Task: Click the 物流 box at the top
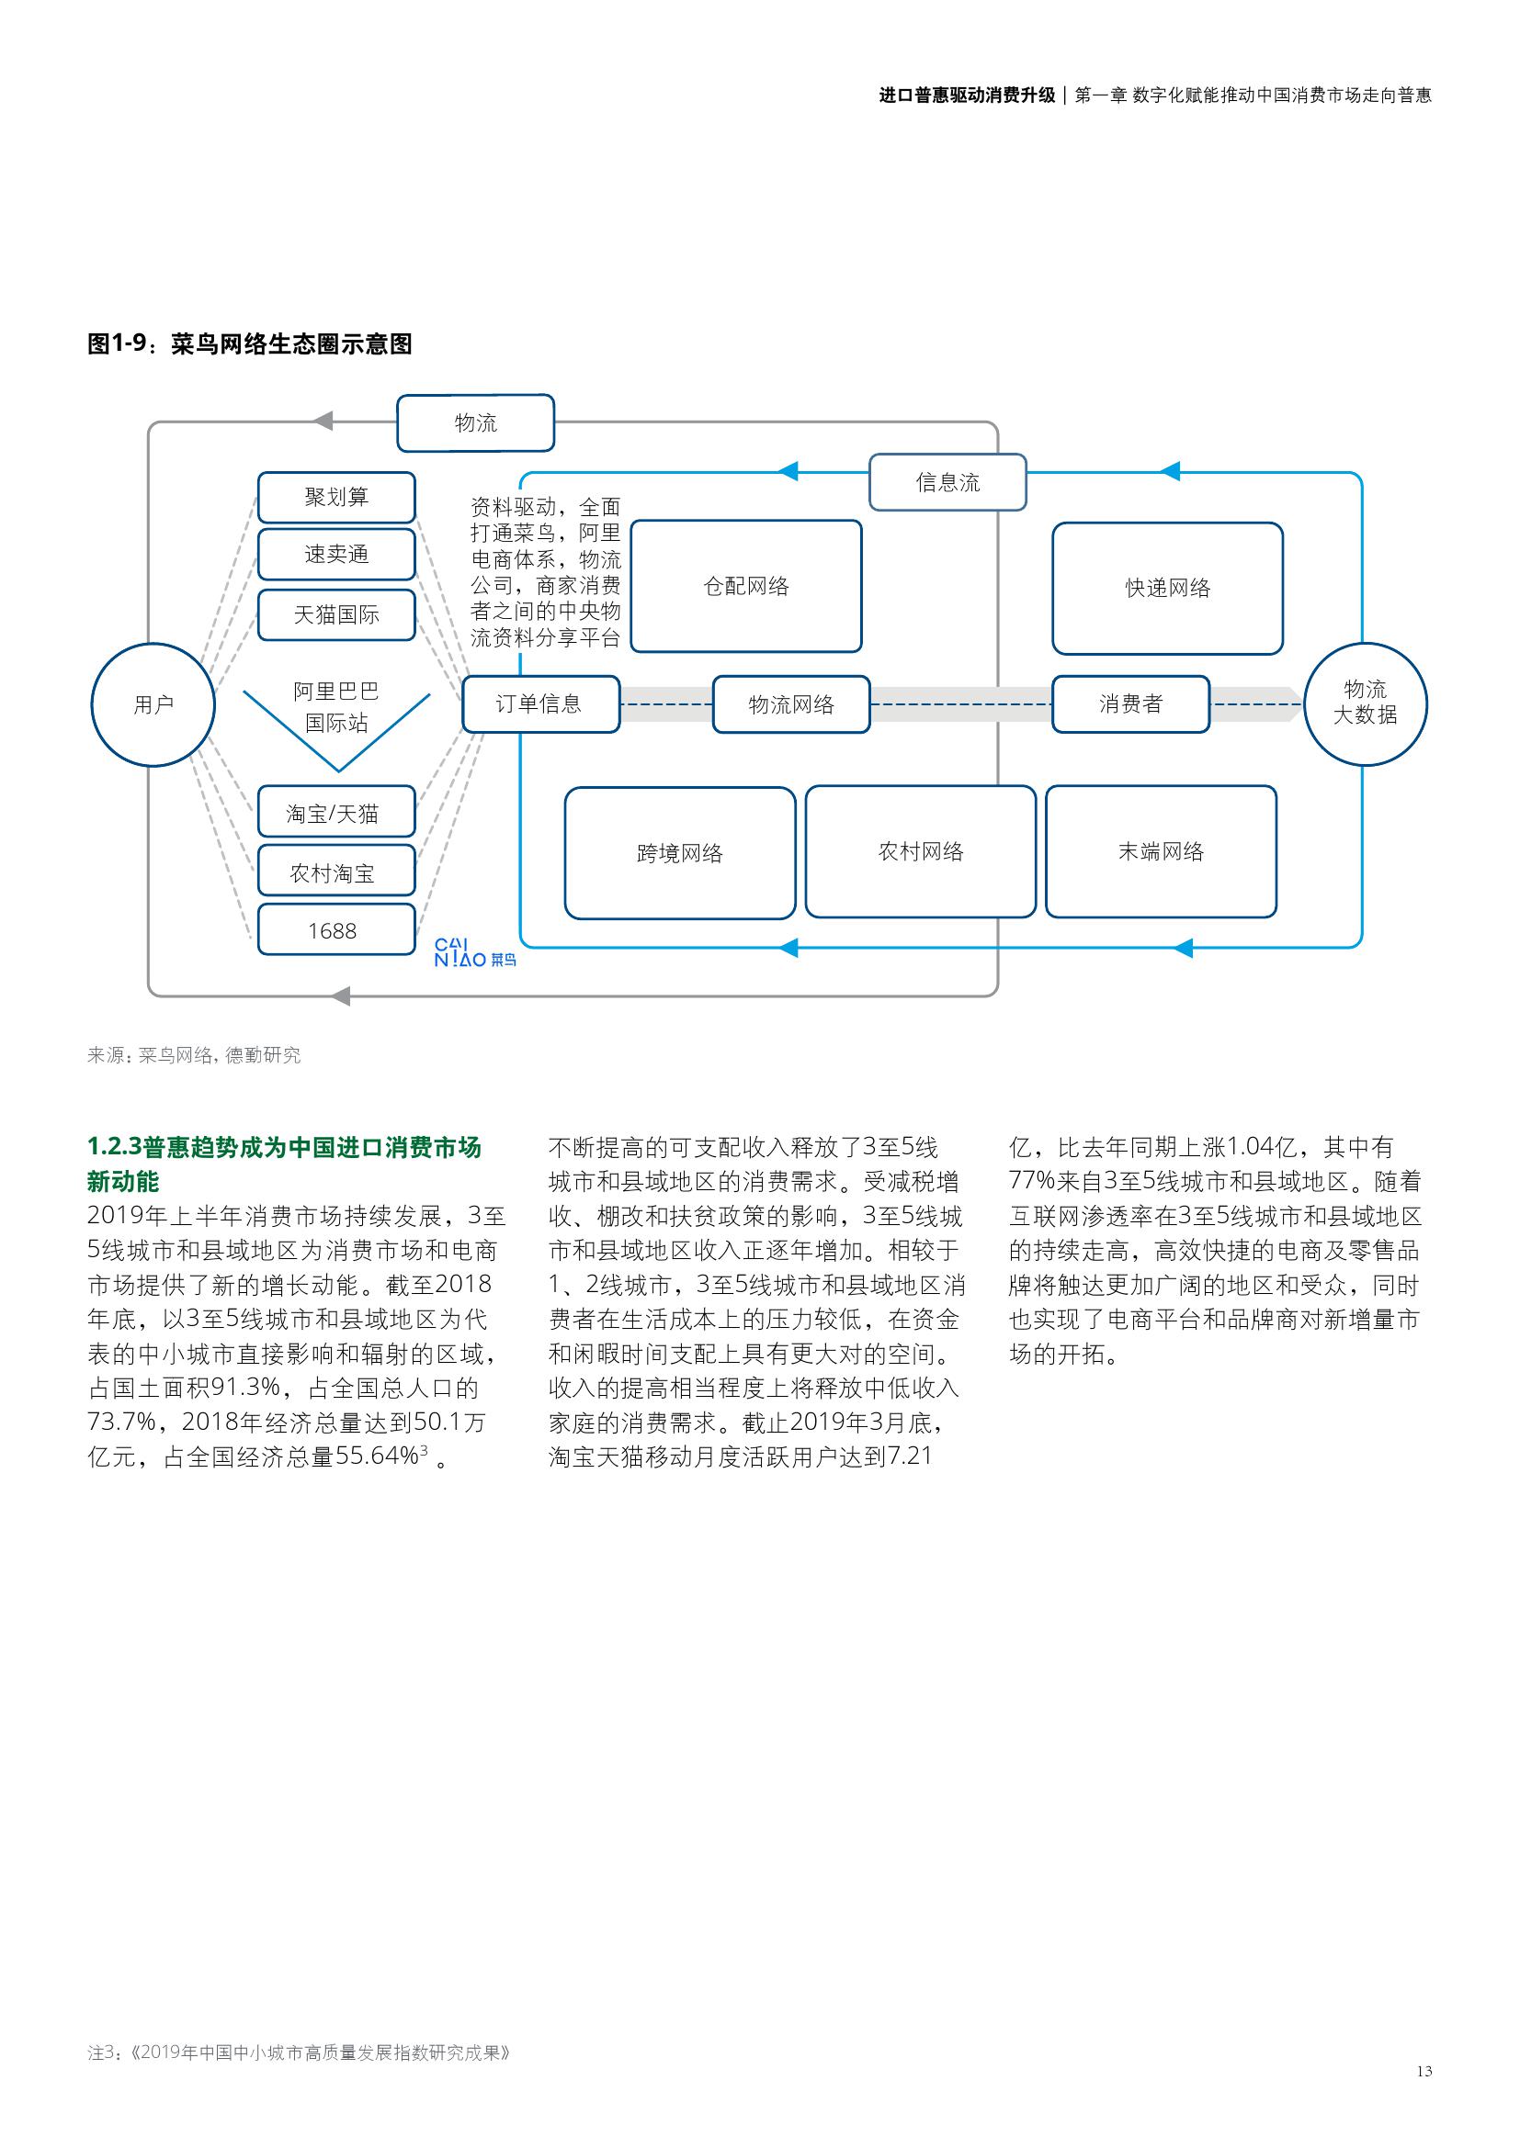(475, 422)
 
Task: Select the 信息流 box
(947, 483)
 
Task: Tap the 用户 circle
(153, 704)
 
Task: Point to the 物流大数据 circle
(1365, 703)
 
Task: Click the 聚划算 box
(336, 498)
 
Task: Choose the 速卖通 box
(336, 555)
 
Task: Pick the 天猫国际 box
(336, 614)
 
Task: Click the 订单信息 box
(540, 704)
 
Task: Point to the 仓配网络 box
(746, 587)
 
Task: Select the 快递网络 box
(1167, 589)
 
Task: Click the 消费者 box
(1130, 704)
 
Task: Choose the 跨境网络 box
(679, 853)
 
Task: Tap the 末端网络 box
(1161, 851)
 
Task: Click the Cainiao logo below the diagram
(474, 952)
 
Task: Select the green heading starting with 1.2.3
(284, 1164)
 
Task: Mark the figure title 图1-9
(249, 344)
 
